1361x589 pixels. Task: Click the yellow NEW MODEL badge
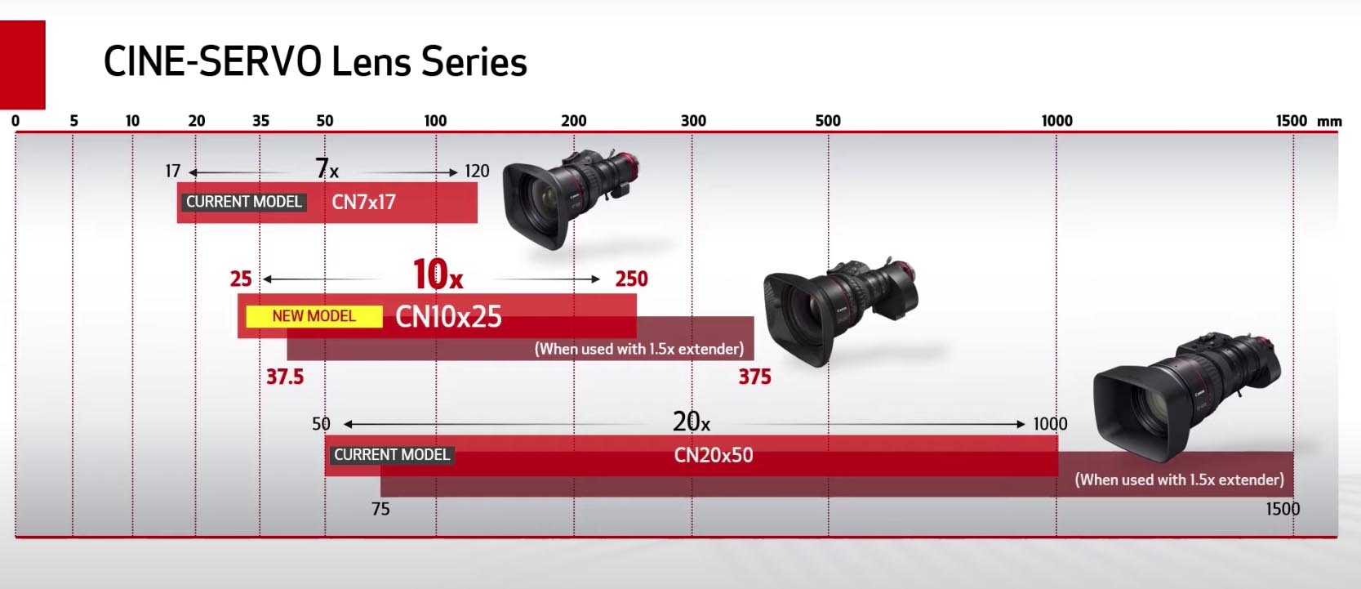314,316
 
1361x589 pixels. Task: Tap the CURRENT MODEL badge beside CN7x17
243,202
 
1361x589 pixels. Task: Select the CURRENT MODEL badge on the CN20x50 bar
392,455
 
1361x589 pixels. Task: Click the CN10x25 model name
448,316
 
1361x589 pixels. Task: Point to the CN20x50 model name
714,455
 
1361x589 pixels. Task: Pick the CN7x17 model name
363,202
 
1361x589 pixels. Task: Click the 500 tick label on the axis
828,121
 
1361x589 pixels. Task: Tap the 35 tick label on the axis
260,121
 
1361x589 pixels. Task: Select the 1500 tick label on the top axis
1291,121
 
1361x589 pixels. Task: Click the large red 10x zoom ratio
438,274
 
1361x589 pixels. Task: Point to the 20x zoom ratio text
691,422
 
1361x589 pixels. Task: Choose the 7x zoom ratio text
327,168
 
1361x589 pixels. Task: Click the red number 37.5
285,377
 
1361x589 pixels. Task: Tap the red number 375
754,377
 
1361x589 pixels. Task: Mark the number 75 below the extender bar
380,509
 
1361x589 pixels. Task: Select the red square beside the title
23,65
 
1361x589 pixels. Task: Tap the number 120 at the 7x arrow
477,172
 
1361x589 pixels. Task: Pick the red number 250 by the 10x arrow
631,279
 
